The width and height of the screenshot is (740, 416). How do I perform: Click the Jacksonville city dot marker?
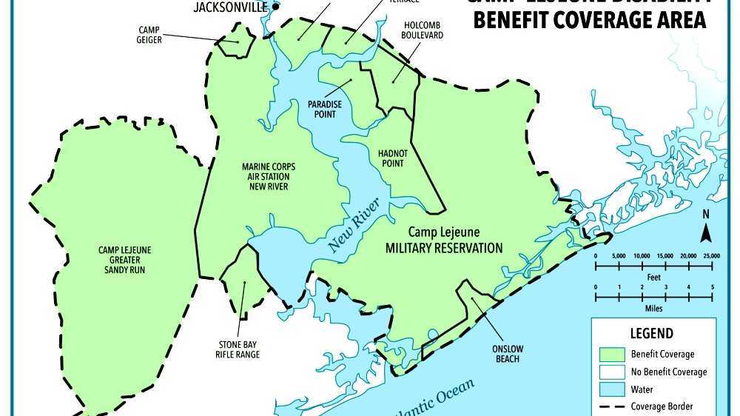pos(275,7)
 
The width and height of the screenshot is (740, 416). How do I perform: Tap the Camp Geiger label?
pos(149,35)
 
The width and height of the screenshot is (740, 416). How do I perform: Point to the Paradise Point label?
pos(325,110)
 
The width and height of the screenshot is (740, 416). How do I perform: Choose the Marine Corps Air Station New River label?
pos(265,176)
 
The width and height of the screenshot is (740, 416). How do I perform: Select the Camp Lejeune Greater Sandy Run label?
pos(124,260)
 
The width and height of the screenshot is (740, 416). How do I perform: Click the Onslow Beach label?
pos(505,354)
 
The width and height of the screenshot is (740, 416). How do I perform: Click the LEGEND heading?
pos(651,333)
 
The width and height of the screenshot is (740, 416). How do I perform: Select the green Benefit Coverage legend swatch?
pos(609,354)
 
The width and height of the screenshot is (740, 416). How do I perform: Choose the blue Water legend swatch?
pos(609,389)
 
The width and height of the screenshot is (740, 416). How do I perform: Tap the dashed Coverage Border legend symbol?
pos(609,406)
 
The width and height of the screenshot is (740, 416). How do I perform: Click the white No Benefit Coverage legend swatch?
pos(609,372)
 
